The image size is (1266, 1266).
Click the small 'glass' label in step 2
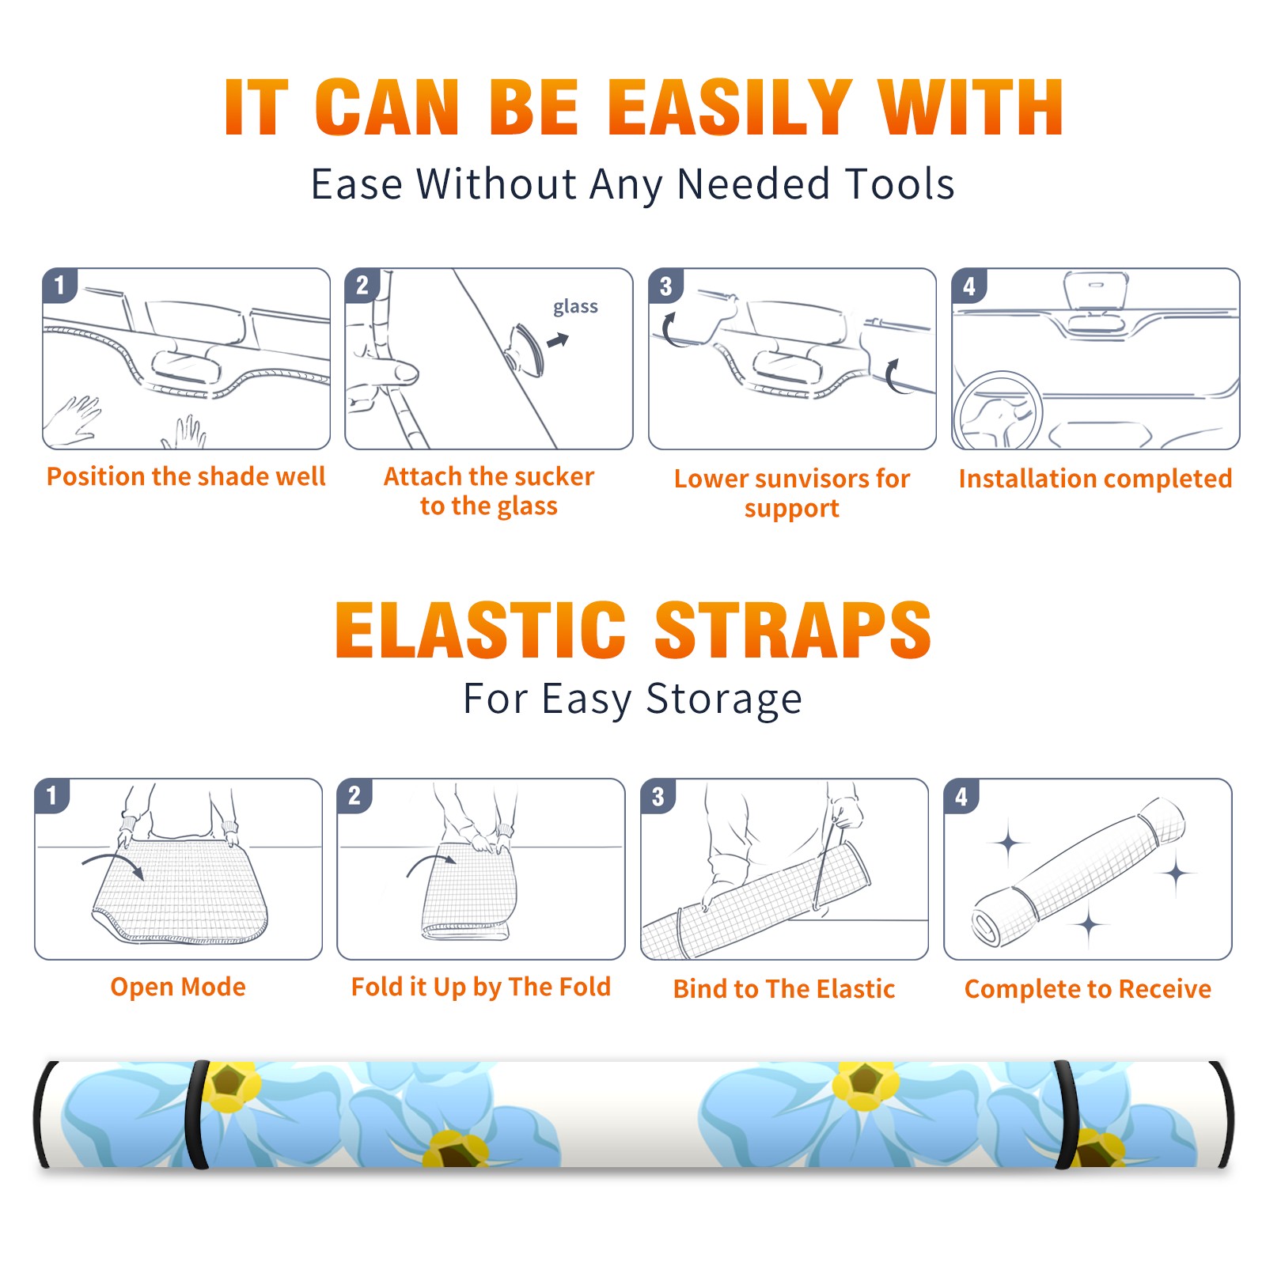(575, 307)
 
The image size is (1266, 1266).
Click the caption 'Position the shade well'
(186, 476)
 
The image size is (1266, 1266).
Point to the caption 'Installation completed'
(1095, 478)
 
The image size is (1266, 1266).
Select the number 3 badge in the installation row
(665, 286)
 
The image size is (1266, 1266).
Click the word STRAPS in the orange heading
(793, 630)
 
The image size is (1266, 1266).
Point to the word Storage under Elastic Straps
(724, 699)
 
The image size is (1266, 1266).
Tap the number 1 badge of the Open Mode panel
(52, 795)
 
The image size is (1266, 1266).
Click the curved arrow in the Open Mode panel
(113, 862)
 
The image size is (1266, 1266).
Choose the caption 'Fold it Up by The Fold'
(481, 987)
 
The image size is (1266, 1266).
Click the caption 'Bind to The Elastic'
(784, 989)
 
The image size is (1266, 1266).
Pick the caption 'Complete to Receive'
(1088, 989)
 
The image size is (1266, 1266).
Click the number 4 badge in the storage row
(961, 796)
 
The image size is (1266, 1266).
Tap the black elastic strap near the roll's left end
(197, 1114)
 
